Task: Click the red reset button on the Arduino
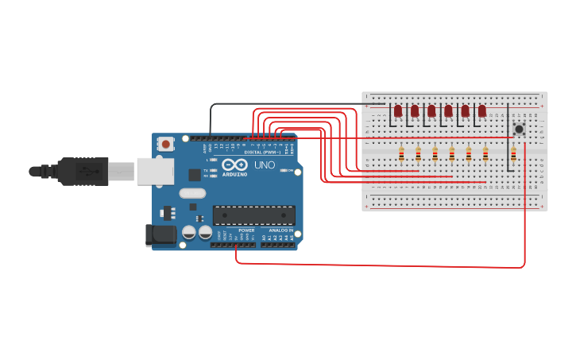click(165, 145)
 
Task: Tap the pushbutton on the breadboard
click(519, 129)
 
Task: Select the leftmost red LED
click(398, 111)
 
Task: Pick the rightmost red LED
click(481, 111)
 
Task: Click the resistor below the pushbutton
click(513, 154)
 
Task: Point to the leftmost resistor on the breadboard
click(401, 154)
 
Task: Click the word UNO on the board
click(264, 165)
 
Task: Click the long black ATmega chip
click(253, 215)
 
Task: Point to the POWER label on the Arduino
click(246, 230)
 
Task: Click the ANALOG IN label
click(280, 230)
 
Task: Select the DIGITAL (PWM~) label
click(262, 152)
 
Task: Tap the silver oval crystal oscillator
click(192, 192)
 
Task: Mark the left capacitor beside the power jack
click(189, 232)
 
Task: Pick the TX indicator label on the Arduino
click(206, 170)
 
